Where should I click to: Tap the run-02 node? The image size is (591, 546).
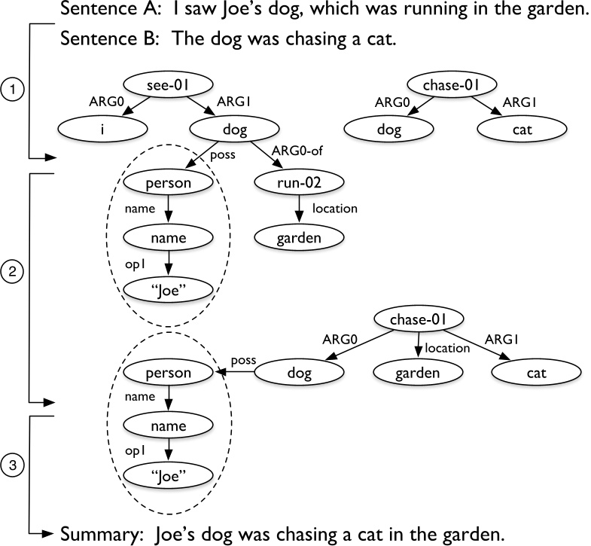point(300,182)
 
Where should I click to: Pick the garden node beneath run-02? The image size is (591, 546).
point(300,238)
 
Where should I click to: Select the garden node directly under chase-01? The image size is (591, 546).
point(418,372)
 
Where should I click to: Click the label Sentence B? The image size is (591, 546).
point(108,39)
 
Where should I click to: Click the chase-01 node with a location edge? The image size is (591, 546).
point(418,322)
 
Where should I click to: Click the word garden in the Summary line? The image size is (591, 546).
point(465,534)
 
